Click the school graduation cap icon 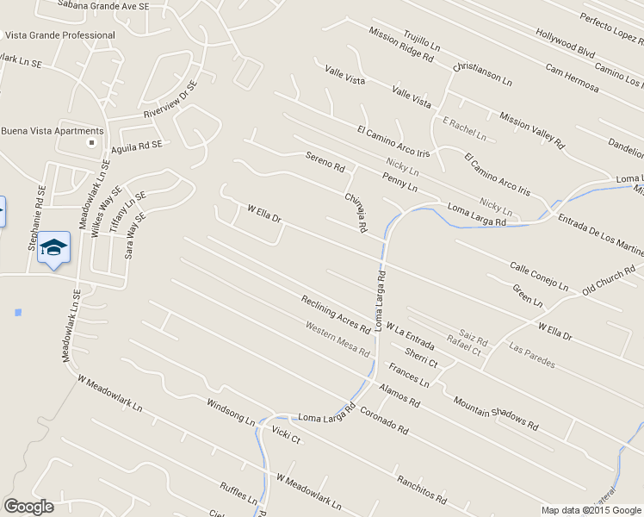pos(53,248)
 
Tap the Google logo pos(28,507)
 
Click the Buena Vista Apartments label pos(53,131)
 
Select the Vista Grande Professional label pos(60,35)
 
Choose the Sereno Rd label pos(325,160)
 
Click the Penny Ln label pos(399,182)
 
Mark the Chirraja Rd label pos(356,213)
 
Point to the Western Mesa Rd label pos(337,339)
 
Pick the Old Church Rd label pos(609,281)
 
